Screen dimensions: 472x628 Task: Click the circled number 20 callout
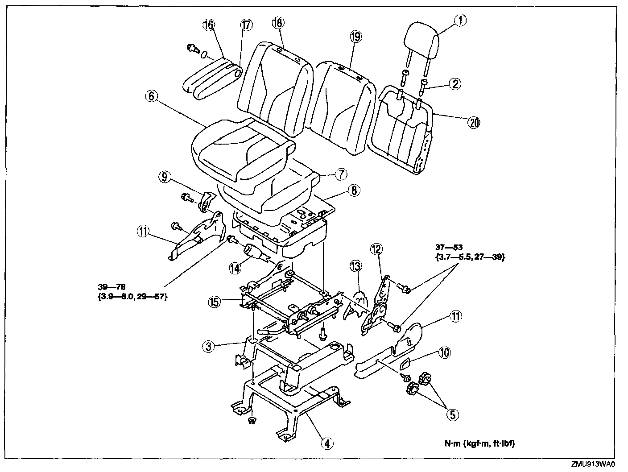pyautogui.click(x=473, y=122)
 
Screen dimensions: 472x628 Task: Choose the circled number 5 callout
pyautogui.click(x=452, y=414)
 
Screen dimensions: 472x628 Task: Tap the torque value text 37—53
pyautogui.click(x=446, y=247)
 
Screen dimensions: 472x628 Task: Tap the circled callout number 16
pyautogui.click(x=208, y=25)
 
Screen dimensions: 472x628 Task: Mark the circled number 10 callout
pyautogui.click(x=444, y=352)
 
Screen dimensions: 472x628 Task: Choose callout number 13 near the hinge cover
pyautogui.click(x=355, y=267)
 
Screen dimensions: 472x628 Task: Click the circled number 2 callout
pyautogui.click(x=455, y=83)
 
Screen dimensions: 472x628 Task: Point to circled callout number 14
pyautogui.click(x=235, y=268)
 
